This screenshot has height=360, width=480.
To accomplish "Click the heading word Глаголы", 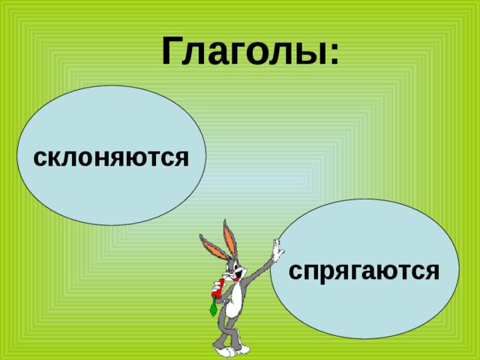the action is click(243, 51).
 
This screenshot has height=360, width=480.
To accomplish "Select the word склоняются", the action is click(111, 158).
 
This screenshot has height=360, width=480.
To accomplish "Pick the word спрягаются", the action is click(364, 271).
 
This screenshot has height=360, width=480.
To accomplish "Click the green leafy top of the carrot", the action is click(213, 307).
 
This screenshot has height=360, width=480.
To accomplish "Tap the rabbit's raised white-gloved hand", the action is click(278, 250).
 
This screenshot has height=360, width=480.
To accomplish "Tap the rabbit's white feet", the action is click(231, 350).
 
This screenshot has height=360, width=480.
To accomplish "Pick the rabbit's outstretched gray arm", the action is click(259, 268).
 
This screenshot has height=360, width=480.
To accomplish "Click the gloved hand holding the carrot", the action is click(217, 286).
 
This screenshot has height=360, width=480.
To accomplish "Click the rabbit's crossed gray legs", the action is click(229, 331).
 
